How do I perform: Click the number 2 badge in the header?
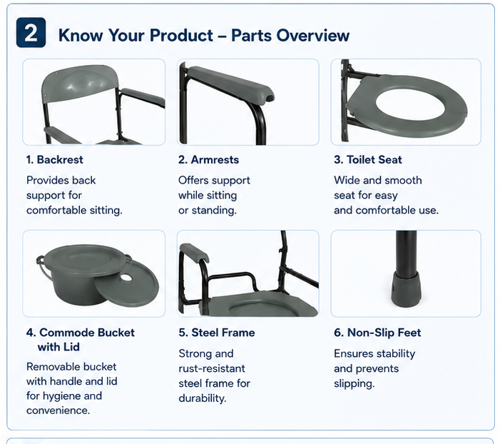[x=31, y=33]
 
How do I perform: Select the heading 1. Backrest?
[x=54, y=160]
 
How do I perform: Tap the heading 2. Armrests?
[x=208, y=160]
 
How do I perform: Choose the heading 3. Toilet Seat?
[x=368, y=160]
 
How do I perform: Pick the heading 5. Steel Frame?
[x=217, y=333]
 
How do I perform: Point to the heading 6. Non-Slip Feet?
[x=377, y=333]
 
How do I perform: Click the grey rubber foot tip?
[x=407, y=290]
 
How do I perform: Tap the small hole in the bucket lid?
[x=126, y=278]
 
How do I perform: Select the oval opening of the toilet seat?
[x=410, y=104]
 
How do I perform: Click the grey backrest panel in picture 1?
[x=80, y=84]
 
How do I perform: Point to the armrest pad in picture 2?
[x=230, y=84]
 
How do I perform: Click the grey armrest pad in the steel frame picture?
[x=194, y=251]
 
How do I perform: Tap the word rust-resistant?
[x=212, y=368]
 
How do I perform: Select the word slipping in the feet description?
[x=354, y=383]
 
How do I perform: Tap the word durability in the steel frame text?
[x=203, y=398]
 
